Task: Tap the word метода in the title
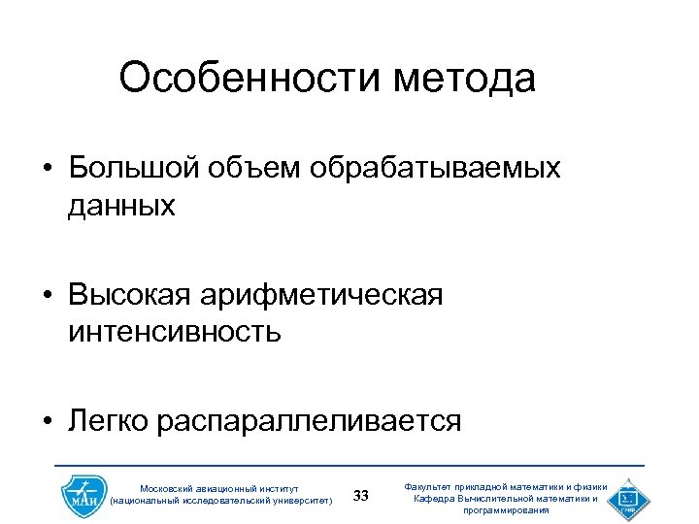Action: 465,80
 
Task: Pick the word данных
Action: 122,205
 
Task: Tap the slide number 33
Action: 361,497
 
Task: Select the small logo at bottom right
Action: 628,497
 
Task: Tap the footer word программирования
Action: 507,510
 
